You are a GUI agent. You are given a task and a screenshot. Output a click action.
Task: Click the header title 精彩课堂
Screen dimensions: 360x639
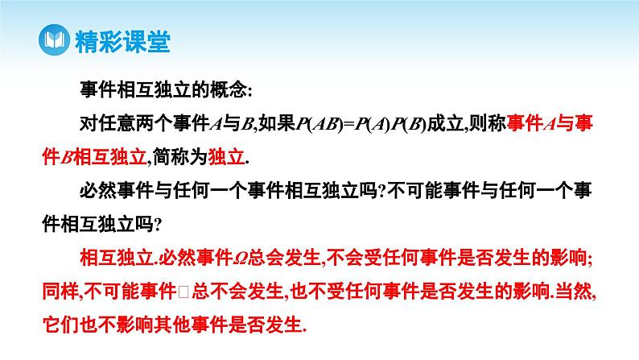click(x=121, y=40)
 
